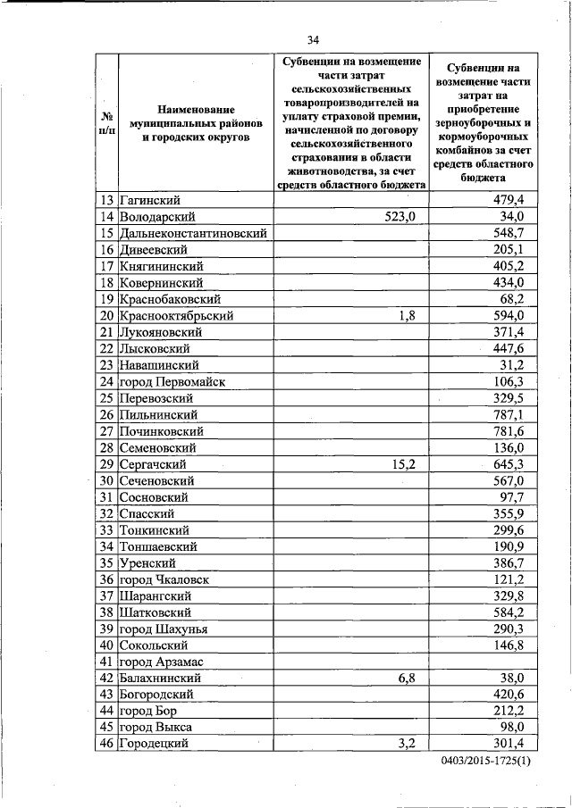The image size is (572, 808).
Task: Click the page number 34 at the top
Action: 313,39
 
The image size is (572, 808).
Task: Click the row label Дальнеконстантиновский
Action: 194,232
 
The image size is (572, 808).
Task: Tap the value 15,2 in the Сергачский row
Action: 404,464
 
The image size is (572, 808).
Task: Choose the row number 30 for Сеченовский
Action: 106,480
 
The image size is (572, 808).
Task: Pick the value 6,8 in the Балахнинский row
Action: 408,678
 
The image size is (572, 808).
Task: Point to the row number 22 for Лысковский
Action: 106,348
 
